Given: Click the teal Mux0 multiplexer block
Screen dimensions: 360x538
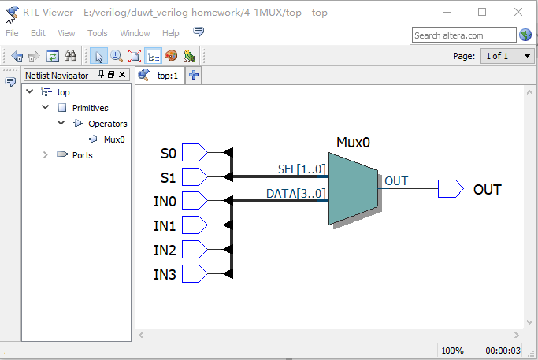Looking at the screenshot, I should (353, 189).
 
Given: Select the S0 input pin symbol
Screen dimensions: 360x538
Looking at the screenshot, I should (194, 152).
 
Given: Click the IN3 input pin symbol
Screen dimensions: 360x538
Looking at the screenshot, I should (194, 274).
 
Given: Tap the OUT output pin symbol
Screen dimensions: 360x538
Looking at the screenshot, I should (450, 189).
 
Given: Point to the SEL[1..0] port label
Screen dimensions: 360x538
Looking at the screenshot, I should (302, 169).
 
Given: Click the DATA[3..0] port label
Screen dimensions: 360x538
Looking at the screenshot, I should (296, 193).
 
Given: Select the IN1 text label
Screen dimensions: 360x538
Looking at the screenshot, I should (165, 226).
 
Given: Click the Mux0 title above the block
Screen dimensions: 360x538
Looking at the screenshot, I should (353, 143).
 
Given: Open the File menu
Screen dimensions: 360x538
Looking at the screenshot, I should (12, 33).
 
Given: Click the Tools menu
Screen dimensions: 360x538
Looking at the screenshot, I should (98, 33).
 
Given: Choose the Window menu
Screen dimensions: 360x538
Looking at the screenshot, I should (135, 33).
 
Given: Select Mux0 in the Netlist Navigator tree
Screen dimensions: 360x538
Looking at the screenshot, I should (114, 139).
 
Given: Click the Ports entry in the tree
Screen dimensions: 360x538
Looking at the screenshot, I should (82, 155).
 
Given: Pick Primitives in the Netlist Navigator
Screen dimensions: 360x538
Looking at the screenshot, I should (90, 108).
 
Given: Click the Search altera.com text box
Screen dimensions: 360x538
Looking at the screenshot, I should (463, 35).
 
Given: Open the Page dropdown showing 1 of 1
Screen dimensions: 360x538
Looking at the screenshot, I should (506, 56).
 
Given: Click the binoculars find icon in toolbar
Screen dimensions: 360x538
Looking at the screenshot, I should (70, 56).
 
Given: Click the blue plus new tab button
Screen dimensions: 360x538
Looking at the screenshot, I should (194, 76).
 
